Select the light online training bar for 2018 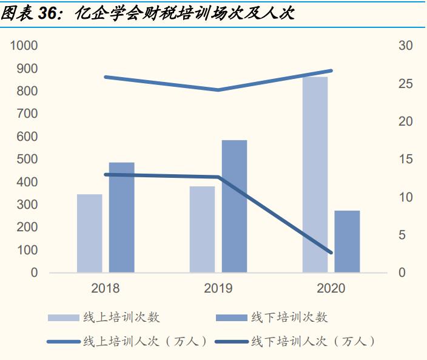tap(89, 233)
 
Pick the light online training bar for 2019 tap(202, 229)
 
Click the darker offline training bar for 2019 tap(234, 206)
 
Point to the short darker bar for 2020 tap(347, 242)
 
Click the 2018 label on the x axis tap(106, 288)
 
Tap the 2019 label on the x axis tap(218, 288)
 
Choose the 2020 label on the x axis tap(331, 288)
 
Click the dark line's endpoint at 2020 tap(331, 253)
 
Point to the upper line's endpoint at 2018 tap(106, 77)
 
